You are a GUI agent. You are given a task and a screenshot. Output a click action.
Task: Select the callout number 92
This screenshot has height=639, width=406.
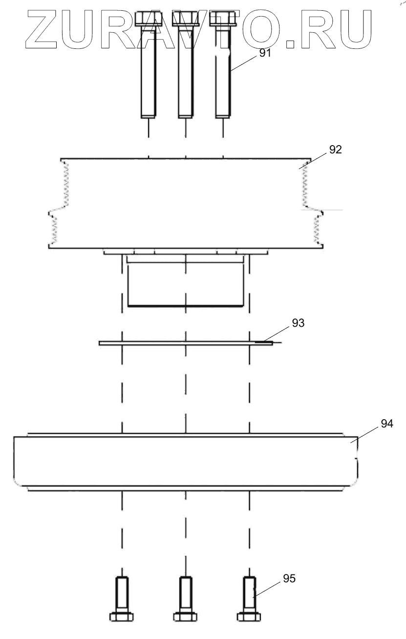coord(335,150)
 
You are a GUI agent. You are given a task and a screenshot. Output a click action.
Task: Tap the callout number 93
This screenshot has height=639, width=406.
coord(298,322)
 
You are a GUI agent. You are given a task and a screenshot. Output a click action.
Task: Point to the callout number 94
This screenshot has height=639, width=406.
coord(386,424)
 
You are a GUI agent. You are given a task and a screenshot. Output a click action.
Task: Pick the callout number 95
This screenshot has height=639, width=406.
coord(289,578)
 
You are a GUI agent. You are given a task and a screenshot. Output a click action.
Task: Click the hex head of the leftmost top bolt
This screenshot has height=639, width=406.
coord(148,20)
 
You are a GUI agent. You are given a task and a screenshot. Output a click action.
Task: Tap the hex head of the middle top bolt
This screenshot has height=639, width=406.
coord(186,20)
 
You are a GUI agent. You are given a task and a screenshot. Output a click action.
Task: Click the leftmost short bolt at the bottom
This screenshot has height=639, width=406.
coord(122,598)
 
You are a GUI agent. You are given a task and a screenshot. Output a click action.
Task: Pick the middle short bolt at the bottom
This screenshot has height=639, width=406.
coord(185,598)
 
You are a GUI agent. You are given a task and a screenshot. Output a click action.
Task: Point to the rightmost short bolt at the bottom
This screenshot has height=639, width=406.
coord(249,598)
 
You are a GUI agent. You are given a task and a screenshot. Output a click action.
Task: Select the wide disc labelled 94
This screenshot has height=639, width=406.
coord(186,462)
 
